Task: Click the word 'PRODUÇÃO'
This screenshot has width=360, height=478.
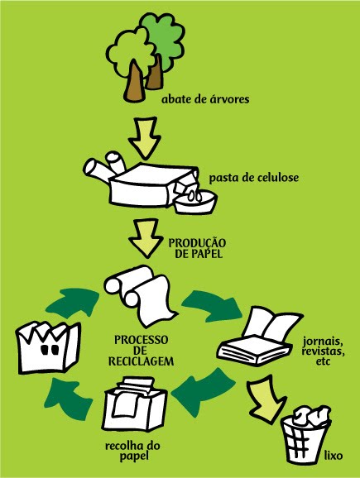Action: coord(199,243)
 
